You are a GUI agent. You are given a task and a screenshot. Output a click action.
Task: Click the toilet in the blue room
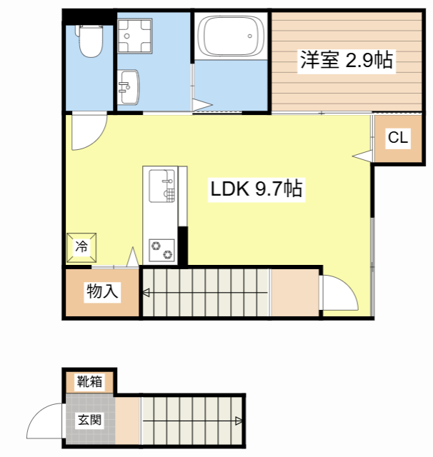coord(90,41)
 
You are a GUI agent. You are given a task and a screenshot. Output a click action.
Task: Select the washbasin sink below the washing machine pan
coord(129,87)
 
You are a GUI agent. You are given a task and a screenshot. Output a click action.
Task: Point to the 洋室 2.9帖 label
coord(346,60)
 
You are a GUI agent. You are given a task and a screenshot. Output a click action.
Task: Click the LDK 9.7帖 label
coord(256,189)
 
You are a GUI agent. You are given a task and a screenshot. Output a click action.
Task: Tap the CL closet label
coord(398,139)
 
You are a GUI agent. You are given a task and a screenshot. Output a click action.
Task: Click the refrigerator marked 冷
coord(81,247)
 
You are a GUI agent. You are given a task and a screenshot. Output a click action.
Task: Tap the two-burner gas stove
coord(161,251)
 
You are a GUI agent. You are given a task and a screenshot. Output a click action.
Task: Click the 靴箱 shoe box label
coord(90,382)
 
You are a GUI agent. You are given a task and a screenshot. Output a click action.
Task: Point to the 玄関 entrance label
coord(90,419)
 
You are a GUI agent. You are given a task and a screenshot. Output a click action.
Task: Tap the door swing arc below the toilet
coord(87,132)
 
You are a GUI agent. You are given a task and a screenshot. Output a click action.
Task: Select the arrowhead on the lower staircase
coord(237,421)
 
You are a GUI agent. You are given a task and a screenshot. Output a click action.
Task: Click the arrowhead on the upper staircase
coord(145,291)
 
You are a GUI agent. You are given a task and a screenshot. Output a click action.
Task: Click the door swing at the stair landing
coord(337,293)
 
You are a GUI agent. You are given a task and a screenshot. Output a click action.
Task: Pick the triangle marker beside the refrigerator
coord(132,256)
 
